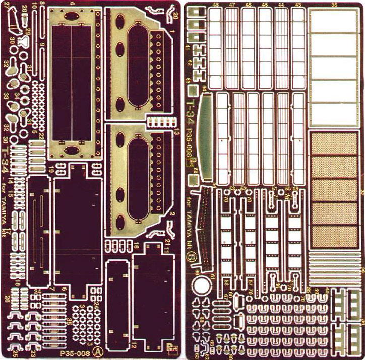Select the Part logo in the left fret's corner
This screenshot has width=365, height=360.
point(171,347)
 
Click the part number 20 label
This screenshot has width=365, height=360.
point(176,16)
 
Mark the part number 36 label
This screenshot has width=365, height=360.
point(334,5)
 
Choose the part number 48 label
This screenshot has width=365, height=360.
point(216,5)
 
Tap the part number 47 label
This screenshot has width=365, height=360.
point(232,5)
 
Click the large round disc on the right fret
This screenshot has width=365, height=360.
point(201,286)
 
